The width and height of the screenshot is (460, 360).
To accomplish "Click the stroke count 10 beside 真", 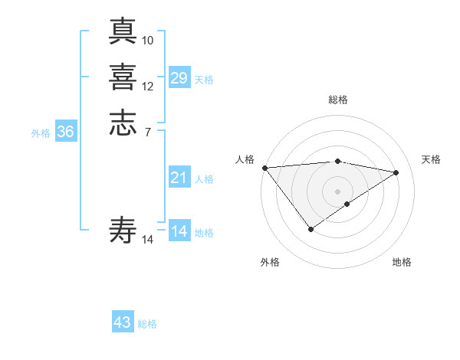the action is tap(148, 40).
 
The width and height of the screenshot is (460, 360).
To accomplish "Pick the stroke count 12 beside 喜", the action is tap(148, 87).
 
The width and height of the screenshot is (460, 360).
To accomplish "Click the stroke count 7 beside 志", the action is tap(148, 133).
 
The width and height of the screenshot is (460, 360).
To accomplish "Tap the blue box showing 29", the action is tap(179, 77).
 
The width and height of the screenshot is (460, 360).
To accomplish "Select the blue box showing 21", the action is tap(179, 178).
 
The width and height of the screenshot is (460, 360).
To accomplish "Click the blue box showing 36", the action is tap(65, 132).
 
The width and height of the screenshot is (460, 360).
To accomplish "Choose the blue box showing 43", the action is tap(123, 322).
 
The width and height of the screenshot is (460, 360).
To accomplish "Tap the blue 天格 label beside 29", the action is tap(204, 79).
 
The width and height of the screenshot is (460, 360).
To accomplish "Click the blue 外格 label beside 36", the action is tap(41, 133).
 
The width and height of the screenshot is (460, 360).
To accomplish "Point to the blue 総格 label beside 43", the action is tap(147, 324).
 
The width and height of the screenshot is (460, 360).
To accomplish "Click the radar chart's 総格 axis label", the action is tap(338, 100).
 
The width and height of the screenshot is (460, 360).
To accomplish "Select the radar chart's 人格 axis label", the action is tap(245, 159).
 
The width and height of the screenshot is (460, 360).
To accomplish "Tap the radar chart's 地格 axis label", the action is tap(402, 262).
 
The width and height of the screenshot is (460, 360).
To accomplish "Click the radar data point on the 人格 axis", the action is tap(264, 168).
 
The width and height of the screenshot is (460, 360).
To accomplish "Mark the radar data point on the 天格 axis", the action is tap(396, 172).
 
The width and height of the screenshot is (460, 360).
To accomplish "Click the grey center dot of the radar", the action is tap(338, 191).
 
